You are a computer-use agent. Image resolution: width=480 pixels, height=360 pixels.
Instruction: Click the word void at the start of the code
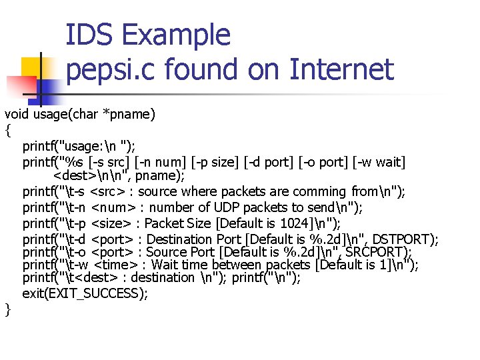[x=17, y=114]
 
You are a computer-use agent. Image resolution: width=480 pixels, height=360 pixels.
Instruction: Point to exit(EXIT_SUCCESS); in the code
[x=85, y=293]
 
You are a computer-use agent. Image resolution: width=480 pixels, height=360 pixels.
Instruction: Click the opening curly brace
[x=8, y=130]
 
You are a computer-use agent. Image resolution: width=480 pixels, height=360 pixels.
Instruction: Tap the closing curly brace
[x=8, y=309]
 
